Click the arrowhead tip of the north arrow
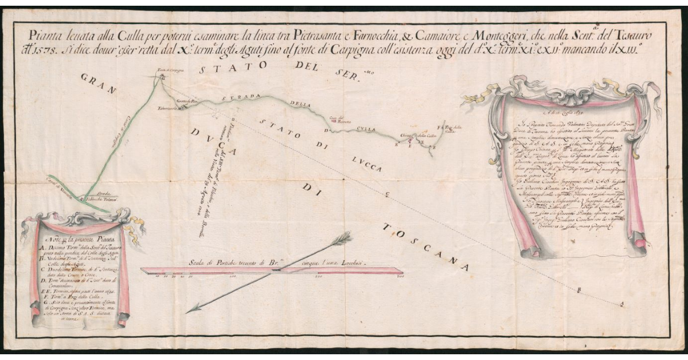pos(187,312)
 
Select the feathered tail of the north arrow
pos(343,236)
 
